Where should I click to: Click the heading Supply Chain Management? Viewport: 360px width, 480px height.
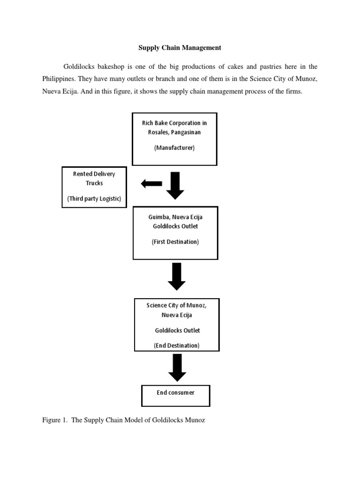pos(180,48)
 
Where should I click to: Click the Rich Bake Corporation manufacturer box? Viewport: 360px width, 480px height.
pos(174,139)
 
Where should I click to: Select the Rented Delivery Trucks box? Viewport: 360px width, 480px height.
pos(94,187)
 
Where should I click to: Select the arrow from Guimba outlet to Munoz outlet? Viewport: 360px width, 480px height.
pos(176,277)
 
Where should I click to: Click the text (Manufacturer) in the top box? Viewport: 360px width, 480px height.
pos(174,148)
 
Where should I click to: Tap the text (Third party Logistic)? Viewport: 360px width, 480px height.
pos(94,199)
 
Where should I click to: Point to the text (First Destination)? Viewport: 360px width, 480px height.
pos(175,242)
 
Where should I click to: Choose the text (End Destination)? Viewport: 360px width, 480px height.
pos(177,345)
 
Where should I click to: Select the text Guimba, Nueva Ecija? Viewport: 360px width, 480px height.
pos(175,217)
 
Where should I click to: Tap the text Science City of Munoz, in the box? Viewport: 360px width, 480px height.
pos(176,305)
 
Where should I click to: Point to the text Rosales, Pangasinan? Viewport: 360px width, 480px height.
pos(174,132)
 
